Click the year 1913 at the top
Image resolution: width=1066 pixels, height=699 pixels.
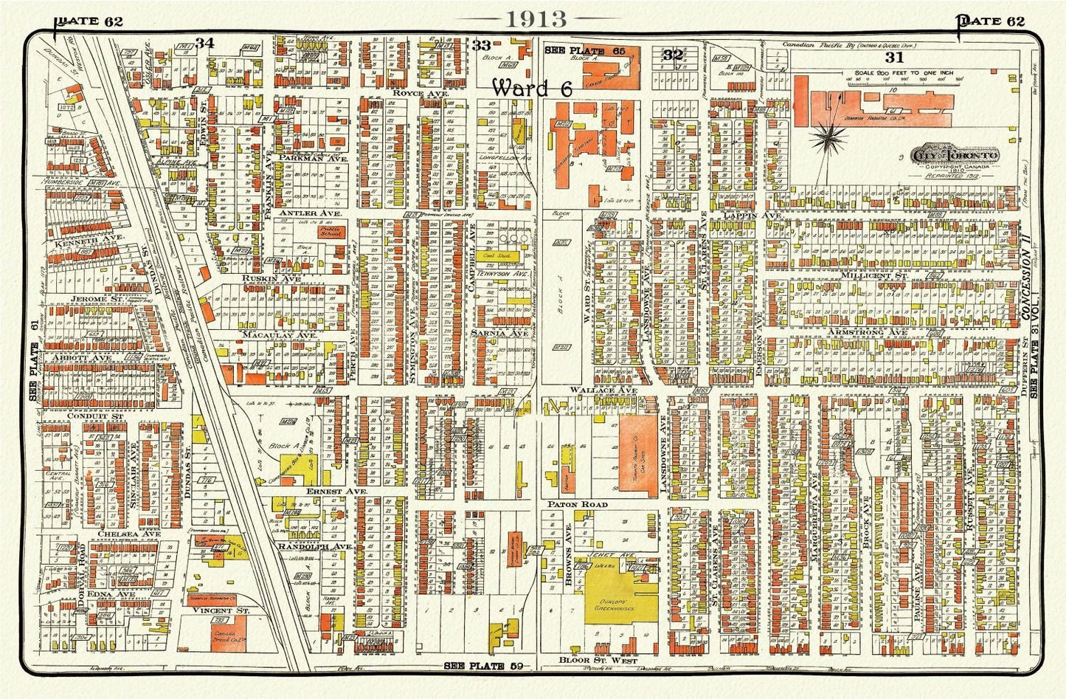(536, 18)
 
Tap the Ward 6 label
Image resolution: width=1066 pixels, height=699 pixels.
(532, 88)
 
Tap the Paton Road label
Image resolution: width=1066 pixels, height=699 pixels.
(577, 504)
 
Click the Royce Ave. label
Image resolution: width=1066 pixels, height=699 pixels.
(412, 94)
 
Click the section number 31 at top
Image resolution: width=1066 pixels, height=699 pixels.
(894, 56)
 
